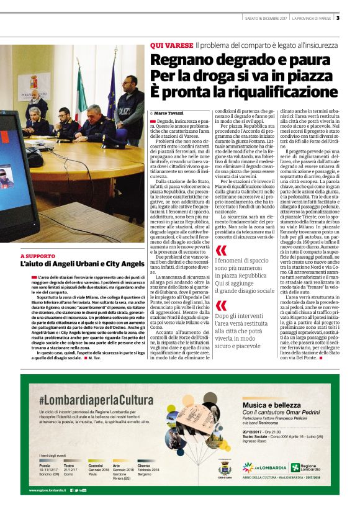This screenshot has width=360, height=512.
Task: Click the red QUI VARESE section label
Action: tap(171, 46)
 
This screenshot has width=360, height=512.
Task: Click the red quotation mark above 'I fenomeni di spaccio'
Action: tap(221, 251)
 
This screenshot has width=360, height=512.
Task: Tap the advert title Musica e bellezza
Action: tap(271, 404)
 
